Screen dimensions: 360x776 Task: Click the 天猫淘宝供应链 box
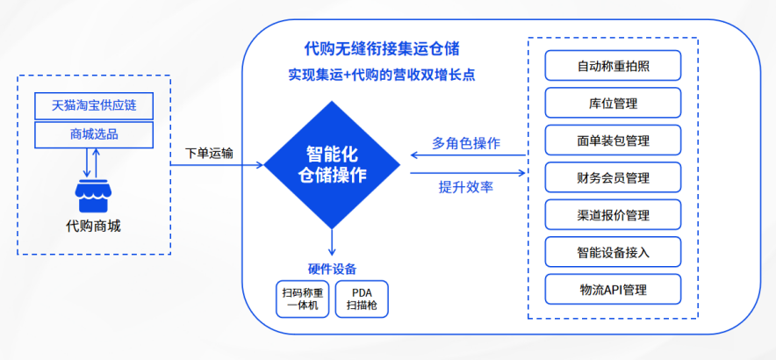point(95,106)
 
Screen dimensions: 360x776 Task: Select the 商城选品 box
point(95,134)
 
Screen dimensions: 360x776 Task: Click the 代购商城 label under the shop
point(94,227)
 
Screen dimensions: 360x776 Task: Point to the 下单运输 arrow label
point(209,153)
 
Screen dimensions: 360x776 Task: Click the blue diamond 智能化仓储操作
point(333,164)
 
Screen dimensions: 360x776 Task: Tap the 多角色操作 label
point(466,143)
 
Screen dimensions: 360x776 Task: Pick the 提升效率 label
point(466,186)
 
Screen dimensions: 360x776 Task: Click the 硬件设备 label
point(332,269)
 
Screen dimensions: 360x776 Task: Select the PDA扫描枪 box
point(362,299)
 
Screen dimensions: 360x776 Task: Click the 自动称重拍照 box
point(613,65)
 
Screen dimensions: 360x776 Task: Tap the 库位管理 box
point(613,103)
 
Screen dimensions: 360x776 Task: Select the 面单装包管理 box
point(613,140)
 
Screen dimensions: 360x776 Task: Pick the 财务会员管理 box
point(613,177)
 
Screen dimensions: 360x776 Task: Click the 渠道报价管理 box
point(613,215)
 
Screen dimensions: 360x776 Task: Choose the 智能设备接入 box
point(613,252)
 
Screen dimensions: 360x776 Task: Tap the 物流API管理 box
point(613,289)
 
